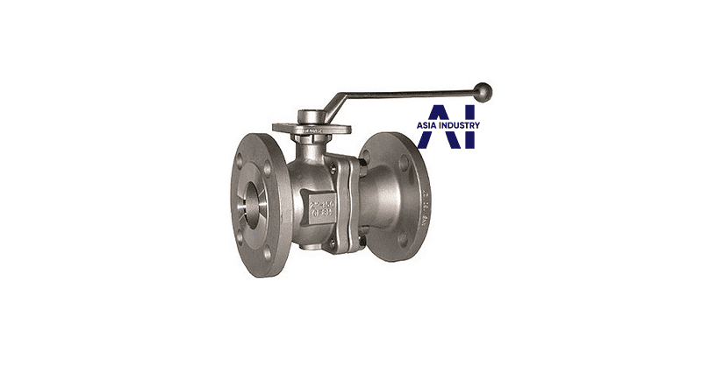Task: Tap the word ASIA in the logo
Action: [431, 124]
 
